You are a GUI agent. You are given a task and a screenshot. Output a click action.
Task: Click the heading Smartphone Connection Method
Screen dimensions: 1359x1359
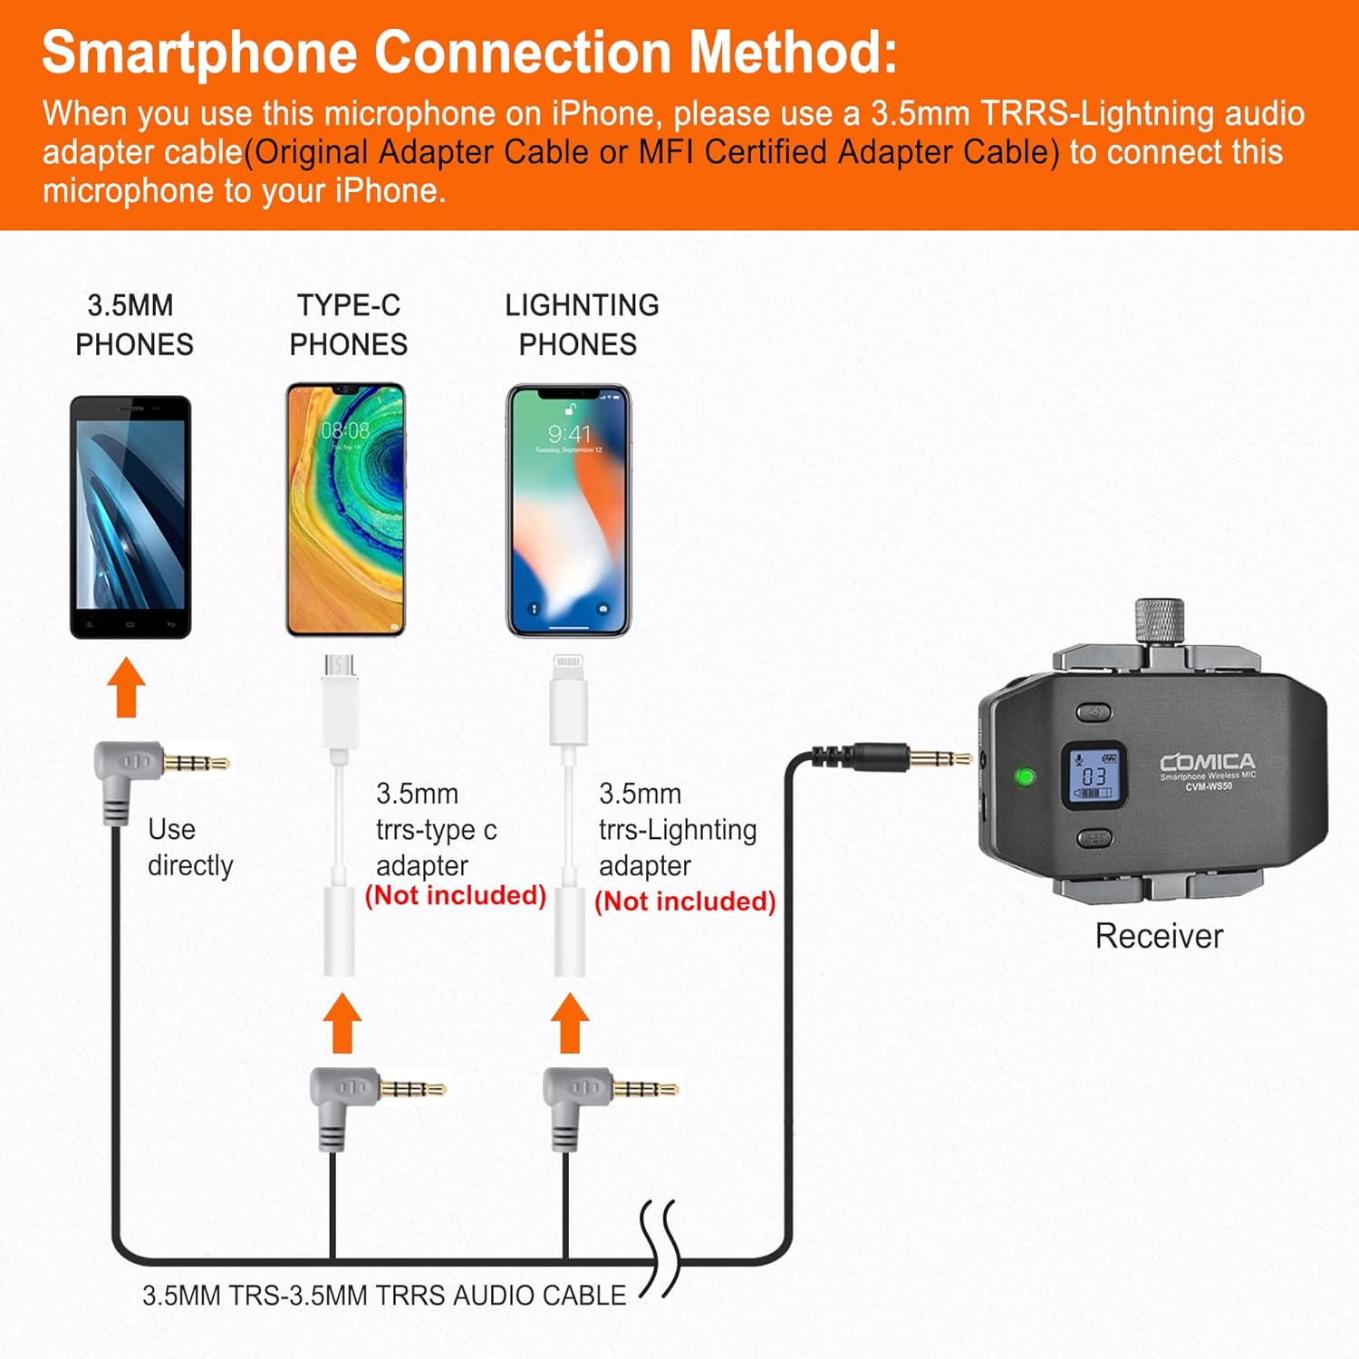[x=469, y=52]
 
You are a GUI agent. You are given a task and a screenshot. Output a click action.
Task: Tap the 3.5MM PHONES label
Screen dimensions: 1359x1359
[x=133, y=324]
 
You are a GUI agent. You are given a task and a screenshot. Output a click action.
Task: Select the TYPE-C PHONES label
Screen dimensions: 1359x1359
[x=348, y=324]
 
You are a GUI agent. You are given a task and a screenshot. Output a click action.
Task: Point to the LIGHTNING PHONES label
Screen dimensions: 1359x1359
[x=581, y=324]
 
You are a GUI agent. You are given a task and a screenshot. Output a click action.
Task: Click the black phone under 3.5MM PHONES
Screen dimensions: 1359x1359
[x=130, y=516]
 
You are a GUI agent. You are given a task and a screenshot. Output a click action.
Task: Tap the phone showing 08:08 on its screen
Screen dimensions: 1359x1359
[x=345, y=510]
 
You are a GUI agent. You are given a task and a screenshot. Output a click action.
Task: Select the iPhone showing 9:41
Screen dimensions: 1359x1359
[x=568, y=510]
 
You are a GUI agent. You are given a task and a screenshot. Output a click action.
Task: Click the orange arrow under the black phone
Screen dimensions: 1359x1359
[x=126, y=688]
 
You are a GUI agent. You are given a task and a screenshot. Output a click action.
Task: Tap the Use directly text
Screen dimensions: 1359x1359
[x=189, y=847]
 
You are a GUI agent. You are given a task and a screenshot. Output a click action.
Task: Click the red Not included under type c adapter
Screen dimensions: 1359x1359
[x=455, y=895]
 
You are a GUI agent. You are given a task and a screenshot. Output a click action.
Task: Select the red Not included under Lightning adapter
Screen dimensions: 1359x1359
[x=685, y=901]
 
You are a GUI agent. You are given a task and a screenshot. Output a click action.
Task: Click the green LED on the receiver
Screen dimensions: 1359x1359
[x=1026, y=776]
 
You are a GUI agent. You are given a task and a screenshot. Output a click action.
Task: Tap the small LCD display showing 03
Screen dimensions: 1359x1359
[x=1094, y=776]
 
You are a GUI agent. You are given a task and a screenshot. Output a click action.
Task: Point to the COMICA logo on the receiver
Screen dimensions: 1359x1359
[x=1208, y=762]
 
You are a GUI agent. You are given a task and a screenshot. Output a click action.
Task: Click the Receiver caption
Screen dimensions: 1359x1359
[x=1159, y=936]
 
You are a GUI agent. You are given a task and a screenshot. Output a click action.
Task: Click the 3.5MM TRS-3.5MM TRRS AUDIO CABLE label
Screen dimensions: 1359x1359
[x=384, y=1296]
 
